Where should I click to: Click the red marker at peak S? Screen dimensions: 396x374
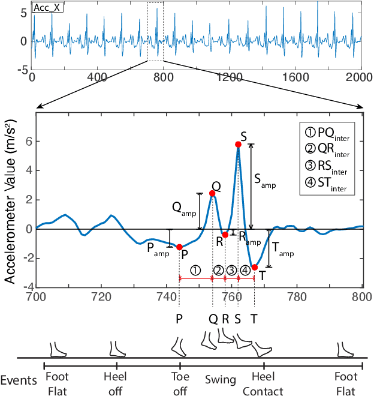tap(238, 144)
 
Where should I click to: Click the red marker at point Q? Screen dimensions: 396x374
tap(212, 193)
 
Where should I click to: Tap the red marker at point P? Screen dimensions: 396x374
tap(179, 247)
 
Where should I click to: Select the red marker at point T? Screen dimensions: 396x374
tap(254, 267)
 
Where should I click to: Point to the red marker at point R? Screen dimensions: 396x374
tap(225, 235)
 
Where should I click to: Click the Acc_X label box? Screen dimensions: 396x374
tap(48, 8)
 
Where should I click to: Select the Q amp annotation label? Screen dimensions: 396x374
tap(183, 208)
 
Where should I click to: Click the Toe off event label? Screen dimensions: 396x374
tap(179, 385)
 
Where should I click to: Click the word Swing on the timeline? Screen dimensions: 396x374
tap(221, 380)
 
